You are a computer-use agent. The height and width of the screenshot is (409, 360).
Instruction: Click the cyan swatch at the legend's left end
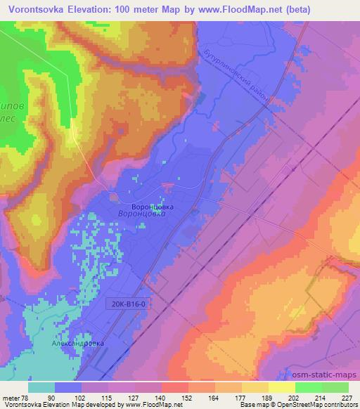coord(41,387)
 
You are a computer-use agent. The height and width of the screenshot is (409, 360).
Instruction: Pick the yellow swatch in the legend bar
coord(281,387)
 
